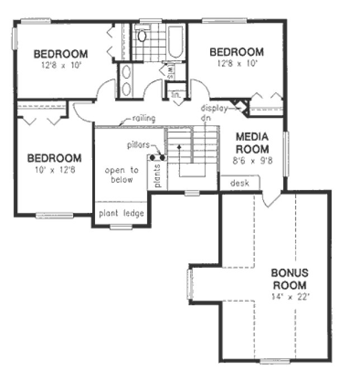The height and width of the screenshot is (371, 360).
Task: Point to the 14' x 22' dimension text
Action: (290, 295)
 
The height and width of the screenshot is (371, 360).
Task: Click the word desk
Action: (239, 183)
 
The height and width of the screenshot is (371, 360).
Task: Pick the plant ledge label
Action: (122, 213)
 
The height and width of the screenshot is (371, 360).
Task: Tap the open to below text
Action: (120, 175)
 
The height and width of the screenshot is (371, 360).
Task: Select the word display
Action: (214, 109)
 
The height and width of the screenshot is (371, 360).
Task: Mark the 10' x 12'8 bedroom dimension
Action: (54, 169)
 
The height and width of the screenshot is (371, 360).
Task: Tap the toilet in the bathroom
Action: (142, 36)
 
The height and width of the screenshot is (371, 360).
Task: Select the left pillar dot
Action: (153, 158)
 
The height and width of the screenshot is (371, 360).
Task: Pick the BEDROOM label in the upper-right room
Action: (236, 53)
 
